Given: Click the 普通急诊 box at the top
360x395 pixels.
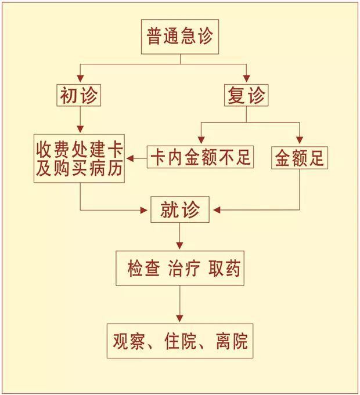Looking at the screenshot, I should (x=180, y=37).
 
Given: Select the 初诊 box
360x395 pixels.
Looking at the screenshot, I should (x=79, y=95).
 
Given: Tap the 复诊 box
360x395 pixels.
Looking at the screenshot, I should (x=246, y=95).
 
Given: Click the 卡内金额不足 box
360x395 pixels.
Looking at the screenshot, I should (x=201, y=157).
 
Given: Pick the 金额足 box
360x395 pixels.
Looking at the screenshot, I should (x=300, y=157).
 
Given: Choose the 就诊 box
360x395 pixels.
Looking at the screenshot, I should (x=179, y=210).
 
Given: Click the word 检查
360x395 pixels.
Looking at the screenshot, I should (x=143, y=269).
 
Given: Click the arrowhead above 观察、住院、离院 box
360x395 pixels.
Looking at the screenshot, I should (x=179, y=318).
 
